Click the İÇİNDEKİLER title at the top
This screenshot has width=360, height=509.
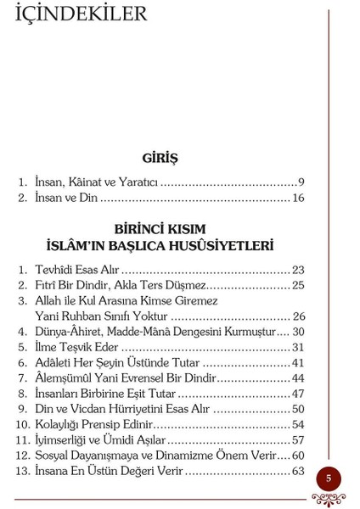(82, 14)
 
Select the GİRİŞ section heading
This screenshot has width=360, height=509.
(160, 158)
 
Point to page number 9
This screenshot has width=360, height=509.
(301, 182)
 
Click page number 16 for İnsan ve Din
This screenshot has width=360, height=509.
(297, 198)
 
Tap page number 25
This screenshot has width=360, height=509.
(297, 285)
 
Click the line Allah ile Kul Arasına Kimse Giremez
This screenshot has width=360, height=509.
(127, 300)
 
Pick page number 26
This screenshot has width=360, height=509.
(298, 316)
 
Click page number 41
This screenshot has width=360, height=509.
(297, 363)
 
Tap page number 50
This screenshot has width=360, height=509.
(297, 409)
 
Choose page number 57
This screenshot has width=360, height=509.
(297, 440)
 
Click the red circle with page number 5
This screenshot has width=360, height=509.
(329, 478)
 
